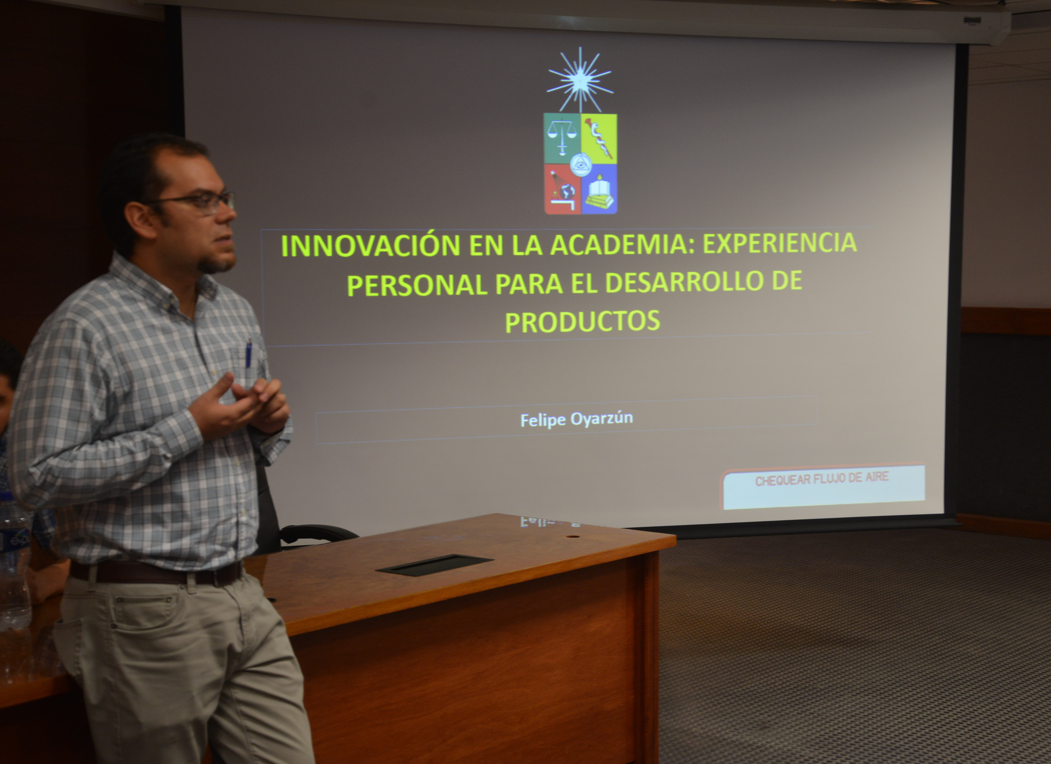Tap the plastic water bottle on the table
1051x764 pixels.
14,570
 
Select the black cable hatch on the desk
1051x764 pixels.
434,565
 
